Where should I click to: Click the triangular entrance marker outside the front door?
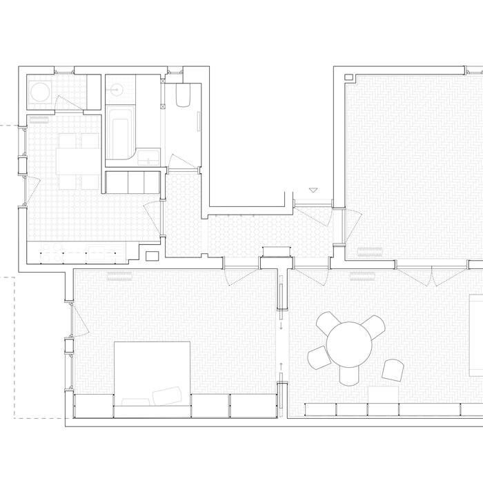pyautogui.click(x=314, y=190)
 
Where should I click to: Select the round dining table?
pyautogui.click(x=349, y=342)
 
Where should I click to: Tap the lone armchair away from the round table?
pyautogui.click(x=393, y=370)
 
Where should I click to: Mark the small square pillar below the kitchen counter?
pyautogui.click(x=152, y=257)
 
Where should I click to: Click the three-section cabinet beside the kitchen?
pyautogui.click(x=132, y=182)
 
